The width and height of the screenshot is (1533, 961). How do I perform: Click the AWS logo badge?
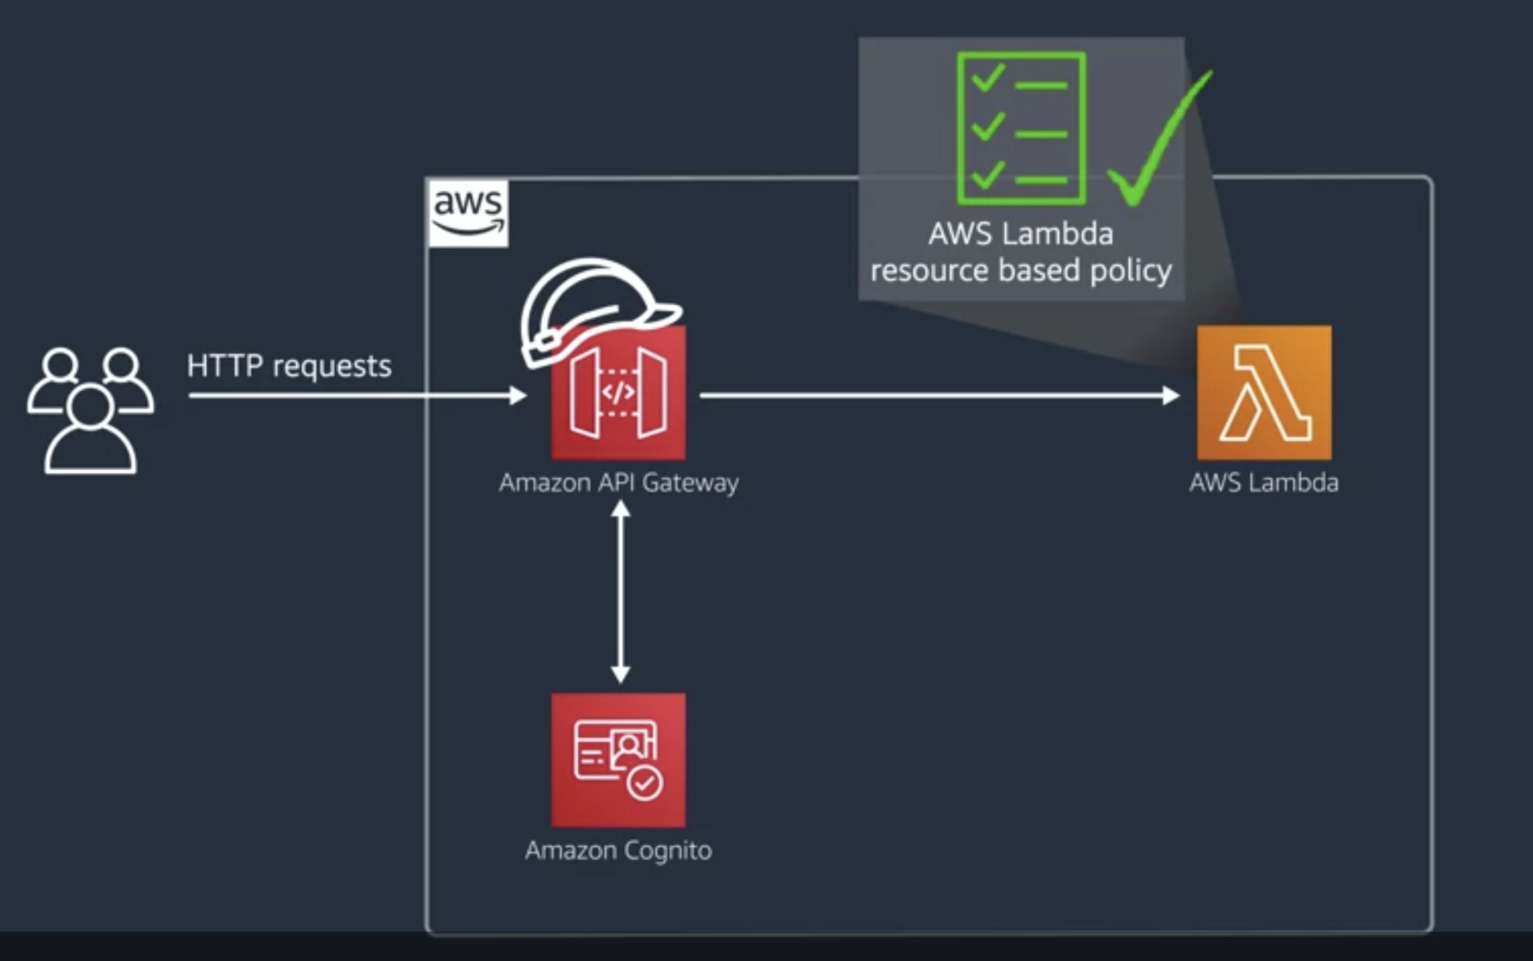(468, 213)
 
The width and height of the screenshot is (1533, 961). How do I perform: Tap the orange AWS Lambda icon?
(1264, 393)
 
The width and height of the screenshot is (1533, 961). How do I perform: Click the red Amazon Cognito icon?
(618, 760)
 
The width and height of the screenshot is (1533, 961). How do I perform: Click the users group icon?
(90, 410)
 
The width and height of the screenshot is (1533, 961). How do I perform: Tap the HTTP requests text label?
(289, 366)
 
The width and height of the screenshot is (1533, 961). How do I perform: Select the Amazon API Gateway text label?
(618, 483)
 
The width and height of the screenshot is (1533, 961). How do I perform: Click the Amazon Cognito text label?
(618, 850)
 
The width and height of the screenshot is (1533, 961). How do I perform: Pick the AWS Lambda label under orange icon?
(1264, 483)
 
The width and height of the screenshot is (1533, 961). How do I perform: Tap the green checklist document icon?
(1021, 128)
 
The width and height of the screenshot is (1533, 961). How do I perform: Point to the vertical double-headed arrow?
(620, 591)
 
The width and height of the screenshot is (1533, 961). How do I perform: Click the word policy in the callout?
(1130, 271)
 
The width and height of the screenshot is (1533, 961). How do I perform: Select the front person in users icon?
(90, 432)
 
